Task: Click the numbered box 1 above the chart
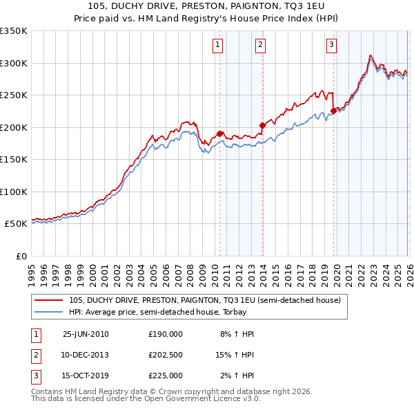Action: click(217, 46)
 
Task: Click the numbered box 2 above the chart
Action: click(260, 46)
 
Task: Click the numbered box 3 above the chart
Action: click(332, 46)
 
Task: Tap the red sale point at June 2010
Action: click(219, 133)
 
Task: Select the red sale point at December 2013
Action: click(262, 125)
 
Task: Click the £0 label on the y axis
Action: click(21, 257)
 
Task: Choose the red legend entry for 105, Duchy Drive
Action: click(204, 300)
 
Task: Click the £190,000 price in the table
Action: click(165, 334)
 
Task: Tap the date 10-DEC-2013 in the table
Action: click(86, 355)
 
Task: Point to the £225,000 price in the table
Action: click(165, 375)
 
